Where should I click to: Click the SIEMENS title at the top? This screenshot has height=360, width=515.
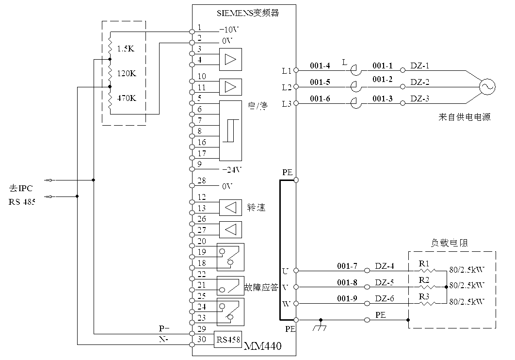[x=248, y=13]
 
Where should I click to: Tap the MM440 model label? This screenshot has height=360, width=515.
[x=262, y=346]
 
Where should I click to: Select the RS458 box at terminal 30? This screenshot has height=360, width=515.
[x=228, y=340]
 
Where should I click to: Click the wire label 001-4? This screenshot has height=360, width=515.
[x=320, y=65]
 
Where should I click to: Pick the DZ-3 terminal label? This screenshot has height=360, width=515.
[x=420, y=98]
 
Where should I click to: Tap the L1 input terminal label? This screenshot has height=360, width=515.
[x=287, y=71]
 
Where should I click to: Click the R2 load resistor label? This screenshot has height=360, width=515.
[x=424, y=280]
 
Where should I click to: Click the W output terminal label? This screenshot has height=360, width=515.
[x=286, y=304]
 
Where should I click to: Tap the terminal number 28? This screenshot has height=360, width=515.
[x=202, y=180]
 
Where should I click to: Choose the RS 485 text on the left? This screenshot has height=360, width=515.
[x=22, y=202]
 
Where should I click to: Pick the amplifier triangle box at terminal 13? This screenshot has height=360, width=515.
[x=230, y=208]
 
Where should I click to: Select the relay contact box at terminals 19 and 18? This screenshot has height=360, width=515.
[x=230, y=257]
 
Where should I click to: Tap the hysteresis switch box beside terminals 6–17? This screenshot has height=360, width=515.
[x=230, y=131]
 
